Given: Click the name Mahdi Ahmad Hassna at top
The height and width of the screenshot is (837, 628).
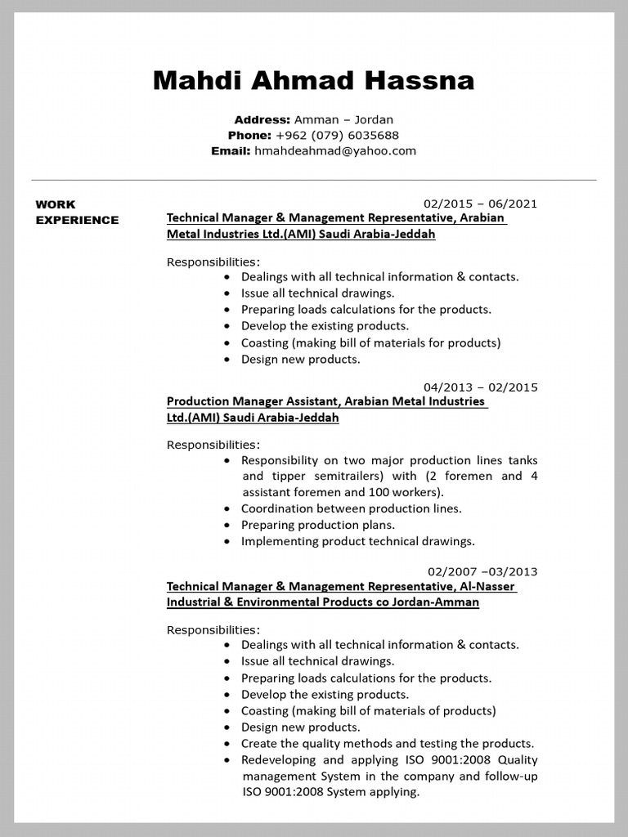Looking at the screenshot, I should click(x=313, y=80).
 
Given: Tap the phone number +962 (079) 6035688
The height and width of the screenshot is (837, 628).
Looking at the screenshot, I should click(x=337, y=135).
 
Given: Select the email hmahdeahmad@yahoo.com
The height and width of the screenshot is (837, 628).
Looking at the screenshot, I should click(x=335, y=150).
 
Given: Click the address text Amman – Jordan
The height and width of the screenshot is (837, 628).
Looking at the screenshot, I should click(x=343, y=119).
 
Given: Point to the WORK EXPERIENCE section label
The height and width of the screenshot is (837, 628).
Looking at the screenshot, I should click(x=77, y=212).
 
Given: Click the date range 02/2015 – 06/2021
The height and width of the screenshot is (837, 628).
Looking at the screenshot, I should click(x=480, y=204).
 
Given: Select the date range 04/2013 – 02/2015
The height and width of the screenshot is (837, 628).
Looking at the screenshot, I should click(x=480, y=387).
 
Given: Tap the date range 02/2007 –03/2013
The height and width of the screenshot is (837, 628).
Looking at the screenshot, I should click(x=482, y=571).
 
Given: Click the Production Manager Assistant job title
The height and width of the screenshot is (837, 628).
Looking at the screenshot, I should click(x=253, y=401).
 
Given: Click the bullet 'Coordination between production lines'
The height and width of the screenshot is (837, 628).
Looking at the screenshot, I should click(x=351, y=508).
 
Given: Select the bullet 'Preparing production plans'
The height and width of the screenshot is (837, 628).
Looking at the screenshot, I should click(x=317, y=525).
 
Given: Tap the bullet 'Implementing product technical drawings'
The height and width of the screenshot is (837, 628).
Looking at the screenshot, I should click(x=357, y=541).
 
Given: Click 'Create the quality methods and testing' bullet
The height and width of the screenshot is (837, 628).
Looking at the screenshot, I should click(x=387, y=743).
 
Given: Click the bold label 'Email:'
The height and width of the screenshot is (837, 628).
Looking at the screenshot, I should click(x=231, y=150).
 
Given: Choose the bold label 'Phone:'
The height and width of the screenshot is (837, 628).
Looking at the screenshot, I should click(x=249, y=135).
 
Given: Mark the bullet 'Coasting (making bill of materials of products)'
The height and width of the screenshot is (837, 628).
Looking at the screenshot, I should click(x=368, y=710).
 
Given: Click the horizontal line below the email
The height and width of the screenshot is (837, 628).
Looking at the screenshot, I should click(x=313, y=180).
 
